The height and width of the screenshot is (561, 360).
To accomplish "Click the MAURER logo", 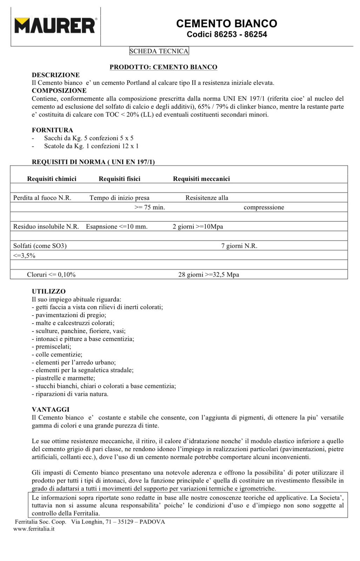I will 55,25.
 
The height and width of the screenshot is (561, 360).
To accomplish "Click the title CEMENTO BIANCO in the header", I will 227,23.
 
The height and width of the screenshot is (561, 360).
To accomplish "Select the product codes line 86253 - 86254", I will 227,34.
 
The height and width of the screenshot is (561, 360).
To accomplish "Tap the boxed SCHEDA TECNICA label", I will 159,51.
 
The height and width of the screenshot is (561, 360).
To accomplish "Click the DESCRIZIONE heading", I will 56,75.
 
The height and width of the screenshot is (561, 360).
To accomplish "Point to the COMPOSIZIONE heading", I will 59,91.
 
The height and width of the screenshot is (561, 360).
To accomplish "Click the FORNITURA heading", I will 53,130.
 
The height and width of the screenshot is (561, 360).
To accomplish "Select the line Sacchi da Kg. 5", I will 88,138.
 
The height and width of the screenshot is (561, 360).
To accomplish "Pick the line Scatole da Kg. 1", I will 91,146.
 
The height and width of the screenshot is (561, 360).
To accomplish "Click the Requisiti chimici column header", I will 52,179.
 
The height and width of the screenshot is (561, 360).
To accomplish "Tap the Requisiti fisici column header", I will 119,179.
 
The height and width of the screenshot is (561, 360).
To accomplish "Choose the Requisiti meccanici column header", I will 201,179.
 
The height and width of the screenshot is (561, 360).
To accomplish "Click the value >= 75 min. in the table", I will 150,207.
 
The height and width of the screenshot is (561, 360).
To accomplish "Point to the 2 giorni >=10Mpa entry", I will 198,227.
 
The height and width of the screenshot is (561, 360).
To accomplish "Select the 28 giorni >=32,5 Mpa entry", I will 209,275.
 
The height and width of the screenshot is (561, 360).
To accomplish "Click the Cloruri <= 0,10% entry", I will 51,275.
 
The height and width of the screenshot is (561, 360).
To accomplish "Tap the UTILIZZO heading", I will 49,291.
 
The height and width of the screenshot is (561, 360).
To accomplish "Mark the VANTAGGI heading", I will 51,410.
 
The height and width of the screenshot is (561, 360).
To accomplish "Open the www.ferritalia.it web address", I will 34,529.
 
